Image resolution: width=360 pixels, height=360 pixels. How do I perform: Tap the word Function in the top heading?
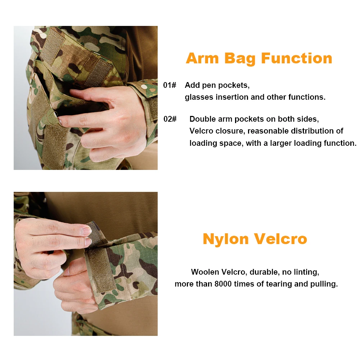point(297,58)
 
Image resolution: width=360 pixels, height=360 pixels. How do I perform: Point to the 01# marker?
point(170,85)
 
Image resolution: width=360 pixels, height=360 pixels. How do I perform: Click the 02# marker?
point(170,119)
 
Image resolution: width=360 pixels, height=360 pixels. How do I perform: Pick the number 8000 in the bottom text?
point(223,284)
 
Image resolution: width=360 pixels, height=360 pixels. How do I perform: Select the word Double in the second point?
point(202,119)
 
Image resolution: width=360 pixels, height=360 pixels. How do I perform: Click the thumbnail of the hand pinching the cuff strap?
point(86,264)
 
